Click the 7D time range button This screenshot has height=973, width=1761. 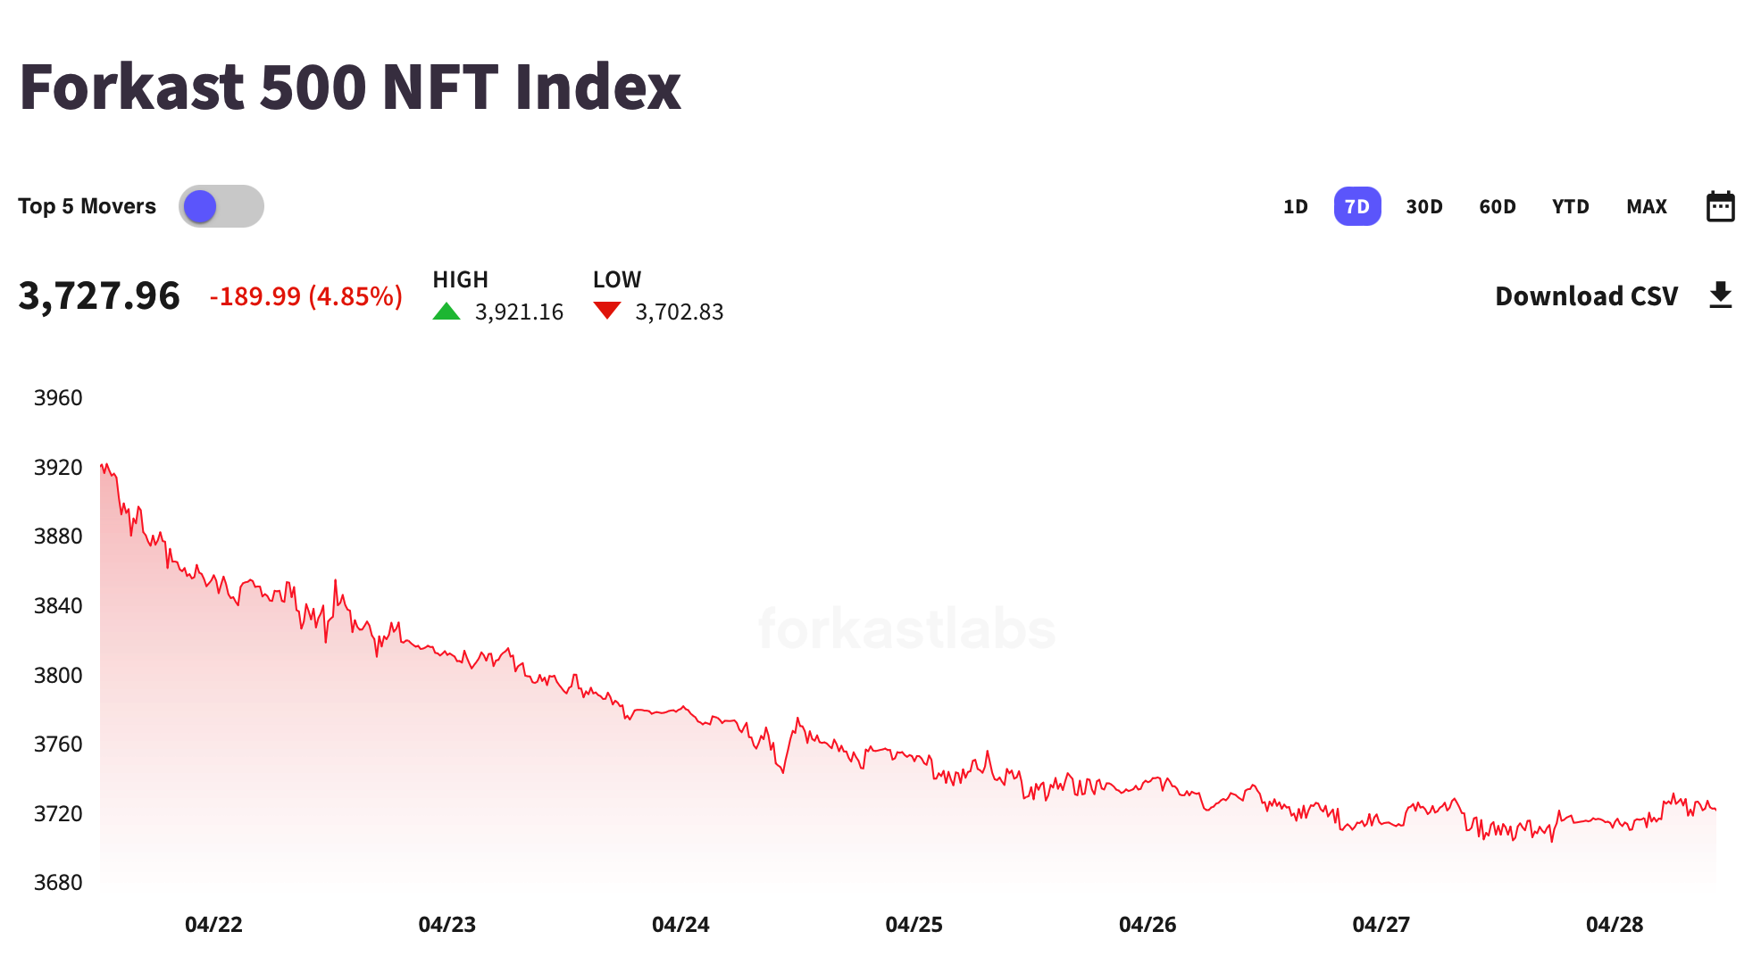click(x=1356, y=206)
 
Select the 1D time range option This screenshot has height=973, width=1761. click(x=1295, y=206)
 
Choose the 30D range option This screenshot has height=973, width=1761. click(x=1423, y=206)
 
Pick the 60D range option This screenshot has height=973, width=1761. click(x=1497, y=206)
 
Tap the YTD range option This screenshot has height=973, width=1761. click(x=1570, y=206)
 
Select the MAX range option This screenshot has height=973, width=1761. click(x=1646, y=206)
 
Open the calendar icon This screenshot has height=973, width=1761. click(x=1720, y=206)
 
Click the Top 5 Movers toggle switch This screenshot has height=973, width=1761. click(x=221, y=206)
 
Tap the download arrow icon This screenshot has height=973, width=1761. click(x=1720, y=295)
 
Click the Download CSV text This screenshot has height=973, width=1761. click(x=1586, y=296)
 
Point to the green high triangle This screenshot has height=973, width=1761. click(x=447, y=312)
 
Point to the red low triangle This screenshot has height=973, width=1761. click(x=607, y=311)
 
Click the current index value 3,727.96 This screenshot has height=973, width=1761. click(x=99, y=295)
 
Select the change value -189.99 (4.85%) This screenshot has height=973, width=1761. click(x=305, y=296)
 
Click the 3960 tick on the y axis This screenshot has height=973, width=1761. click(x=58, y=398)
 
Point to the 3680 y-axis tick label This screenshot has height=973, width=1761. click(x=58, y=883)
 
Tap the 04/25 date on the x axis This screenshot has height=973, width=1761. click(x=914, y=925)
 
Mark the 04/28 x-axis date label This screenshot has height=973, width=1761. click(x=1614, y=925)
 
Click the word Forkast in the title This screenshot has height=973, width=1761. click(x=131, y=87)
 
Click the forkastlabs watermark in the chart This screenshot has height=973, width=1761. click(x=906, y=629)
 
